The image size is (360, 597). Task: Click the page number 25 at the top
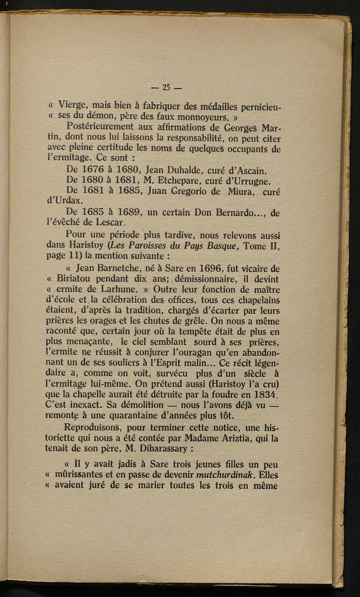(x=166, y=87)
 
